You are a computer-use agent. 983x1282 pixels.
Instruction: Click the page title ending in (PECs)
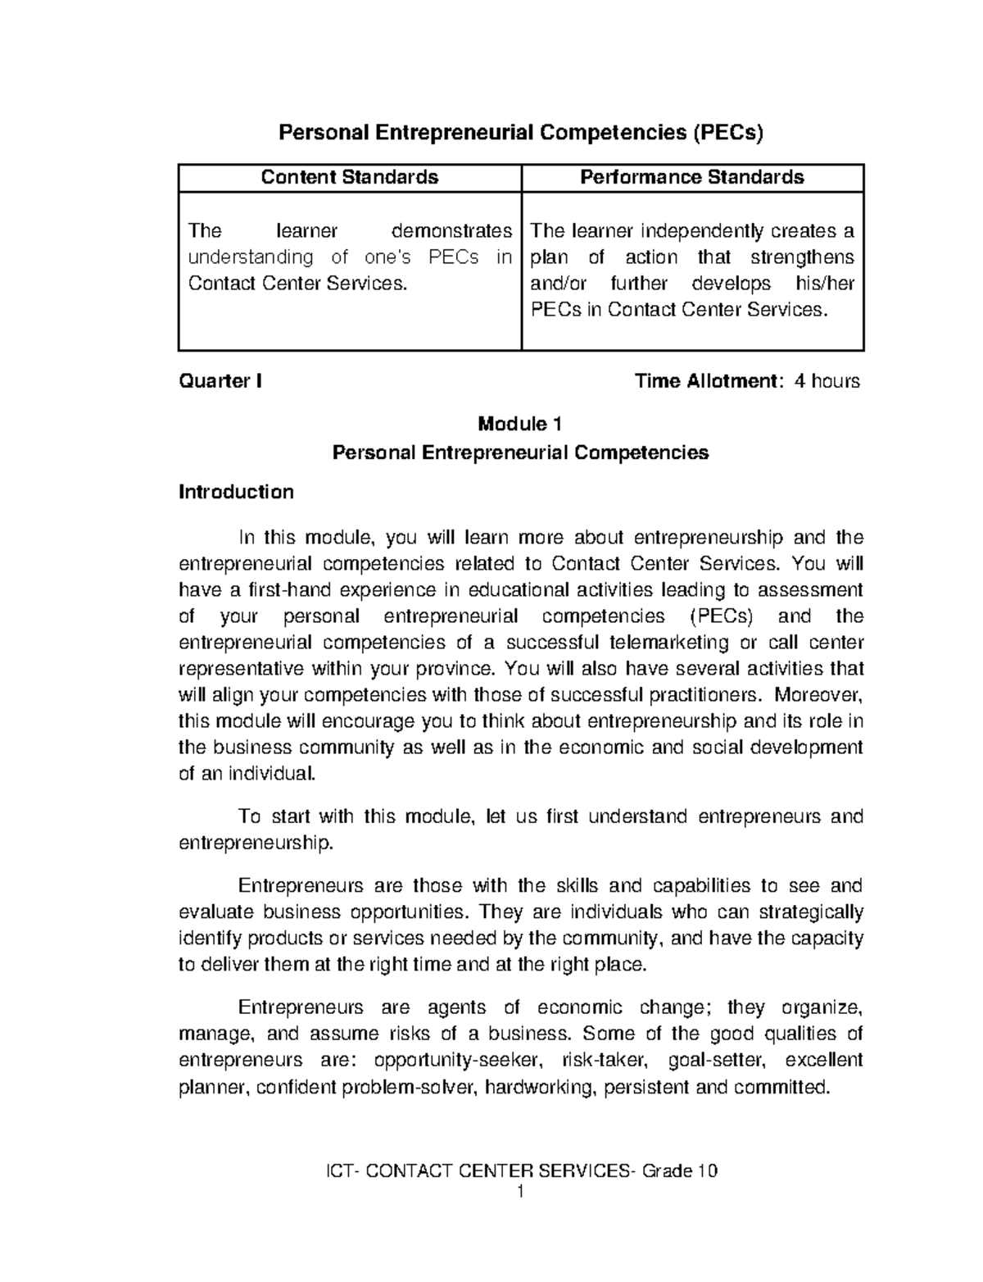point(521,133)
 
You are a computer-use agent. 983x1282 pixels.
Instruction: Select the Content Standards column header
point(350,177)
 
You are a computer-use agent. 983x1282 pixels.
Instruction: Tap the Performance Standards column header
point(692,177)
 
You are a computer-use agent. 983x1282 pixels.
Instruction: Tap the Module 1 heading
point(520,424)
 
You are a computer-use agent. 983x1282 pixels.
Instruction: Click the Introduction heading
point(236,492)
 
